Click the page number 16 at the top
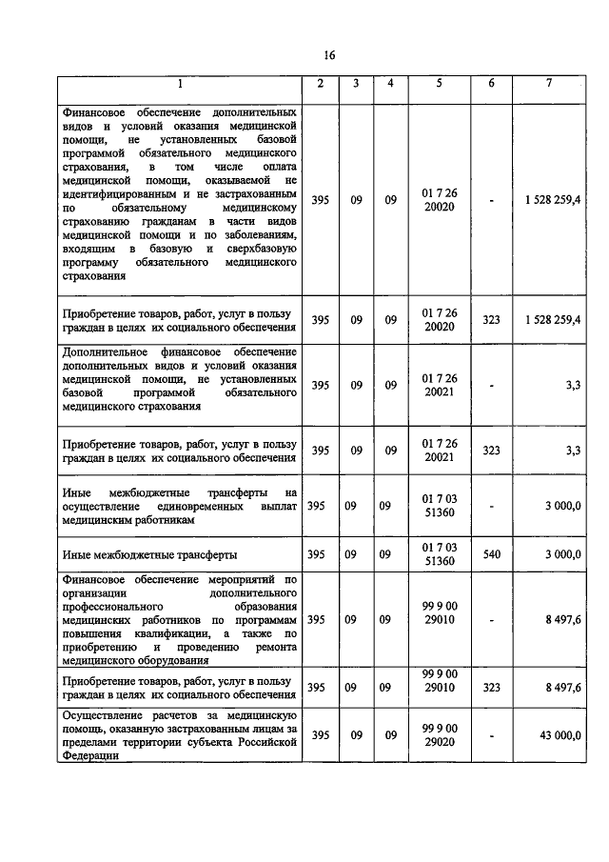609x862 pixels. pyautogui.click(x=328, y=54)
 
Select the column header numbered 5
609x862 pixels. pyautogui.click(x=439, y=84)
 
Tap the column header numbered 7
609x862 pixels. pyautogui.click(x=549, y=84)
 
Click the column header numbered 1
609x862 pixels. pyautogui.click(x=179, y=84)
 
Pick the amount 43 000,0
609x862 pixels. pyautogui.click(x=558, y=734)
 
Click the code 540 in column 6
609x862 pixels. pyautogui.click(x=491, y=554)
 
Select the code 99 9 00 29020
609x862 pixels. pyautogui.click(x=439, y=734)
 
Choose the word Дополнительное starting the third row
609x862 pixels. pyautogui.click(x=106, y=351)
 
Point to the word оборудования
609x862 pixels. pyautogui.click(x=173, y=659)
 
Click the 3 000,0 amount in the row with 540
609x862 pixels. pyautogui.click(x=562, y=554)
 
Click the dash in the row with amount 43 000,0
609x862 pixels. pyautogui.click(x=491, y=734)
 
